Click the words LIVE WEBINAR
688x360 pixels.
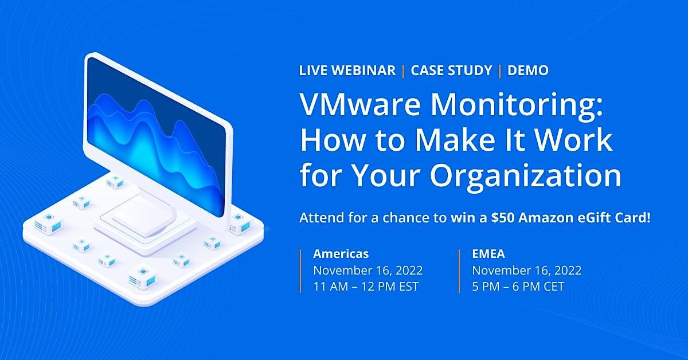pyautogui.click(x=347, y=71)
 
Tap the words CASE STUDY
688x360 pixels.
pyautogui.click(x=451, y=71)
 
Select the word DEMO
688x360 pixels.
pyautogui.click(x=528, y=71)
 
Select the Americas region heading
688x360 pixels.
pyautogui.click(x=341, y=253)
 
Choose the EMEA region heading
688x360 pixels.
pyautogui.click(x=489, y=253)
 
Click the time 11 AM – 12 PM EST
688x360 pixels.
pyautogui.click(x=366, y=287)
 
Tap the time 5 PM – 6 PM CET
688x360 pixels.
pyautogui.click(x=518, y=287)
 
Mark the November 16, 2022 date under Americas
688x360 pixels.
pyautogui.click(x=368, y=270)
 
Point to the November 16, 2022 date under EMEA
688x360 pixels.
pyautogui.click(x=527, y=270)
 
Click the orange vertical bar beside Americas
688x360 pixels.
pyautogui.click(x=300, y=270)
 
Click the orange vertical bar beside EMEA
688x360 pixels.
pyautogui.click(x=460, y=270)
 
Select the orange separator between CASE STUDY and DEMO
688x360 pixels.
pyautogui.click(x=500, y=71)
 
